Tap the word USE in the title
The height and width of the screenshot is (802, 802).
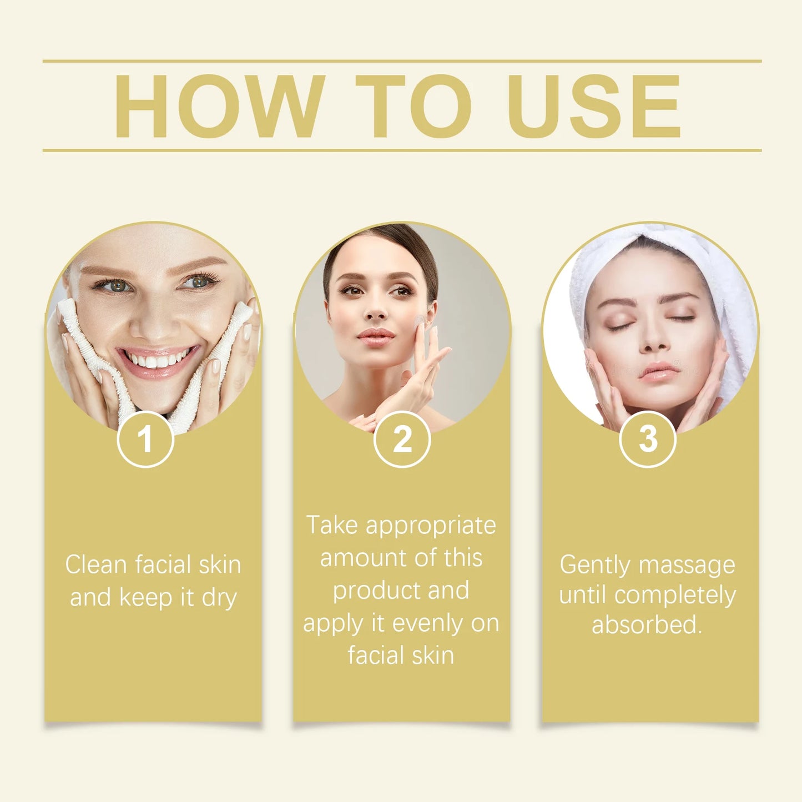[594, 106]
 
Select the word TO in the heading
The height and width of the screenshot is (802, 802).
[413, 106]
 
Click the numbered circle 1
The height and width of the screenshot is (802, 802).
[145, 440]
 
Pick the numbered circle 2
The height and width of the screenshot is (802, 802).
[402, 440]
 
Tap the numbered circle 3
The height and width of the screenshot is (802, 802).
[648, 440]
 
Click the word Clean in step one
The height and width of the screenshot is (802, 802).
[96, 565]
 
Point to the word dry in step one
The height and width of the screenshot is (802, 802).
[219, 598]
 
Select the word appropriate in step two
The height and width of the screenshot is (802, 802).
[431, 526]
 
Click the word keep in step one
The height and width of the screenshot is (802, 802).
[145, 598]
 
